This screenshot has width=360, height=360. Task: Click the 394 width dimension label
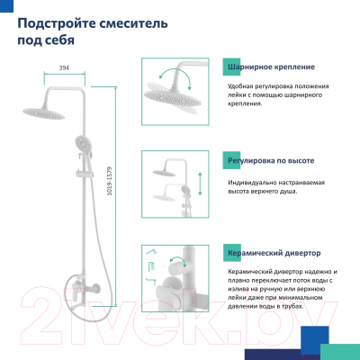(x=64, y=67)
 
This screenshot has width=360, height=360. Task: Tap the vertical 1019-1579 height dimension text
(x=110, y=181)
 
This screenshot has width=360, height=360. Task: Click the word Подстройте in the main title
(x=56, y=23)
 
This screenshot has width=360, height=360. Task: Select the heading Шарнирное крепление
(x=271, y=67)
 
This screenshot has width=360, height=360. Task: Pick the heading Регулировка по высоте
(x=271, y=160)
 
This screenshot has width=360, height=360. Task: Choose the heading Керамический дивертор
(x=274, y=253)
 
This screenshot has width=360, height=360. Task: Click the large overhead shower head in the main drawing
(x=44, y=113)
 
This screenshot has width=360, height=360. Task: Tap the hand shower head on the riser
(x=83, y=145)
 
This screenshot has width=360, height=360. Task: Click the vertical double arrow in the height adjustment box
(x=200, y=184)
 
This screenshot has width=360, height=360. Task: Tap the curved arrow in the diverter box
(x=177, y=260)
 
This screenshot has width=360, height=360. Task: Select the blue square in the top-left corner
(x=6, y=6)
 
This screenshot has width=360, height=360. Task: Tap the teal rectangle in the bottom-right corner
(x=340, y=352)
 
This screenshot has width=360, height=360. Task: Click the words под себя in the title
(x=46, y=40)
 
